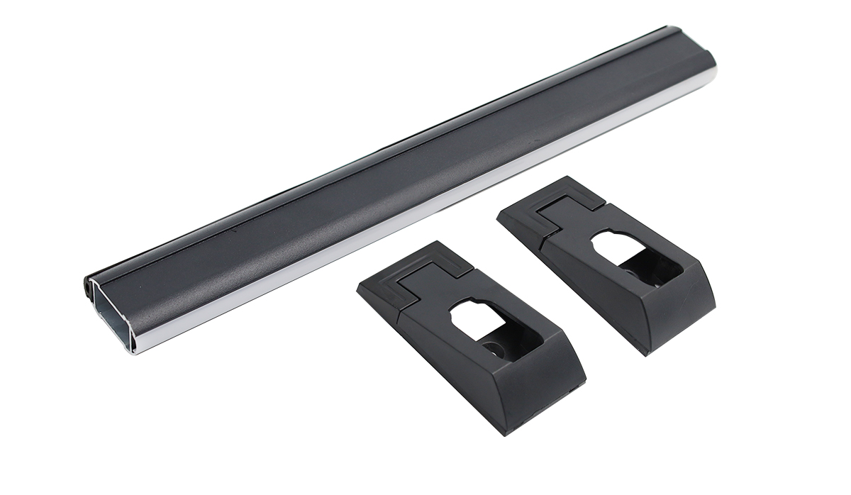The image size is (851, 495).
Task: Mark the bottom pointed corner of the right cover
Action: [x=647, y=352]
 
